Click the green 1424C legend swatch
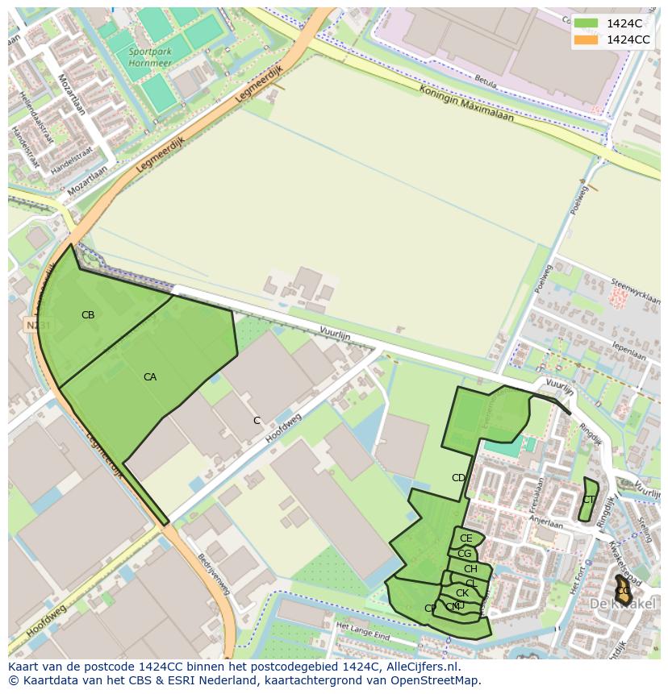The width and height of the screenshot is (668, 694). pos(586,23)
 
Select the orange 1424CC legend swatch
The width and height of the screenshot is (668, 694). pos(586,39)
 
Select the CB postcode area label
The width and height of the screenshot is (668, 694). pos(88,315)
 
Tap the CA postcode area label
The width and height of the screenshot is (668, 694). pos(150,377)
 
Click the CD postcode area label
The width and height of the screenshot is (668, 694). pos(458,478)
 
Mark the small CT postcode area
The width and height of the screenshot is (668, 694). pos(589,500)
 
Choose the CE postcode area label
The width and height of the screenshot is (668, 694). pos(466,538)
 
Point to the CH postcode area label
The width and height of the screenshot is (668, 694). pos(470,569)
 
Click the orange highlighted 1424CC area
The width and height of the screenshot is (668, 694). pos(623,591)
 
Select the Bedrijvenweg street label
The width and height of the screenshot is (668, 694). pos(215,574)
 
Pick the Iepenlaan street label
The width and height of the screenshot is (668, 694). pos(629,352)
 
